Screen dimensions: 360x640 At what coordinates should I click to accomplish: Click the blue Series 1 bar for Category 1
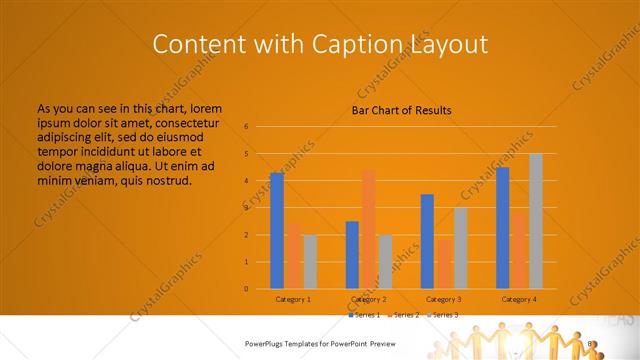(x=276, y=231)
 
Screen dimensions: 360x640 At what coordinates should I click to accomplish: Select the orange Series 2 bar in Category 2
(x=368, y=229)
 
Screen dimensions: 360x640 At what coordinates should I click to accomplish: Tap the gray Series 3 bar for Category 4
(x=535, y=221)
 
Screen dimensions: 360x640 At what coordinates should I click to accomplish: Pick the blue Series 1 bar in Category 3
(x=427, y=241)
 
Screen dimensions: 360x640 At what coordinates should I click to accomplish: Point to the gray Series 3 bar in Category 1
(x=309, y=262)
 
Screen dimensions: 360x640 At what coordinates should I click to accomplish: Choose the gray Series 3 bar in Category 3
(x=460, y=248)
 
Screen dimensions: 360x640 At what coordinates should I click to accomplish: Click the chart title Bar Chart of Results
(x=401, y=110)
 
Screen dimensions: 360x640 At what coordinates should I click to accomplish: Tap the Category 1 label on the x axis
(x=293, y=299)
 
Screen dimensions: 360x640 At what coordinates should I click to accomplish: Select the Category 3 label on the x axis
(x=443, y=299)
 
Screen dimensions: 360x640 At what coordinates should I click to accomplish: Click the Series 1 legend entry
(x=365, y=314)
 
